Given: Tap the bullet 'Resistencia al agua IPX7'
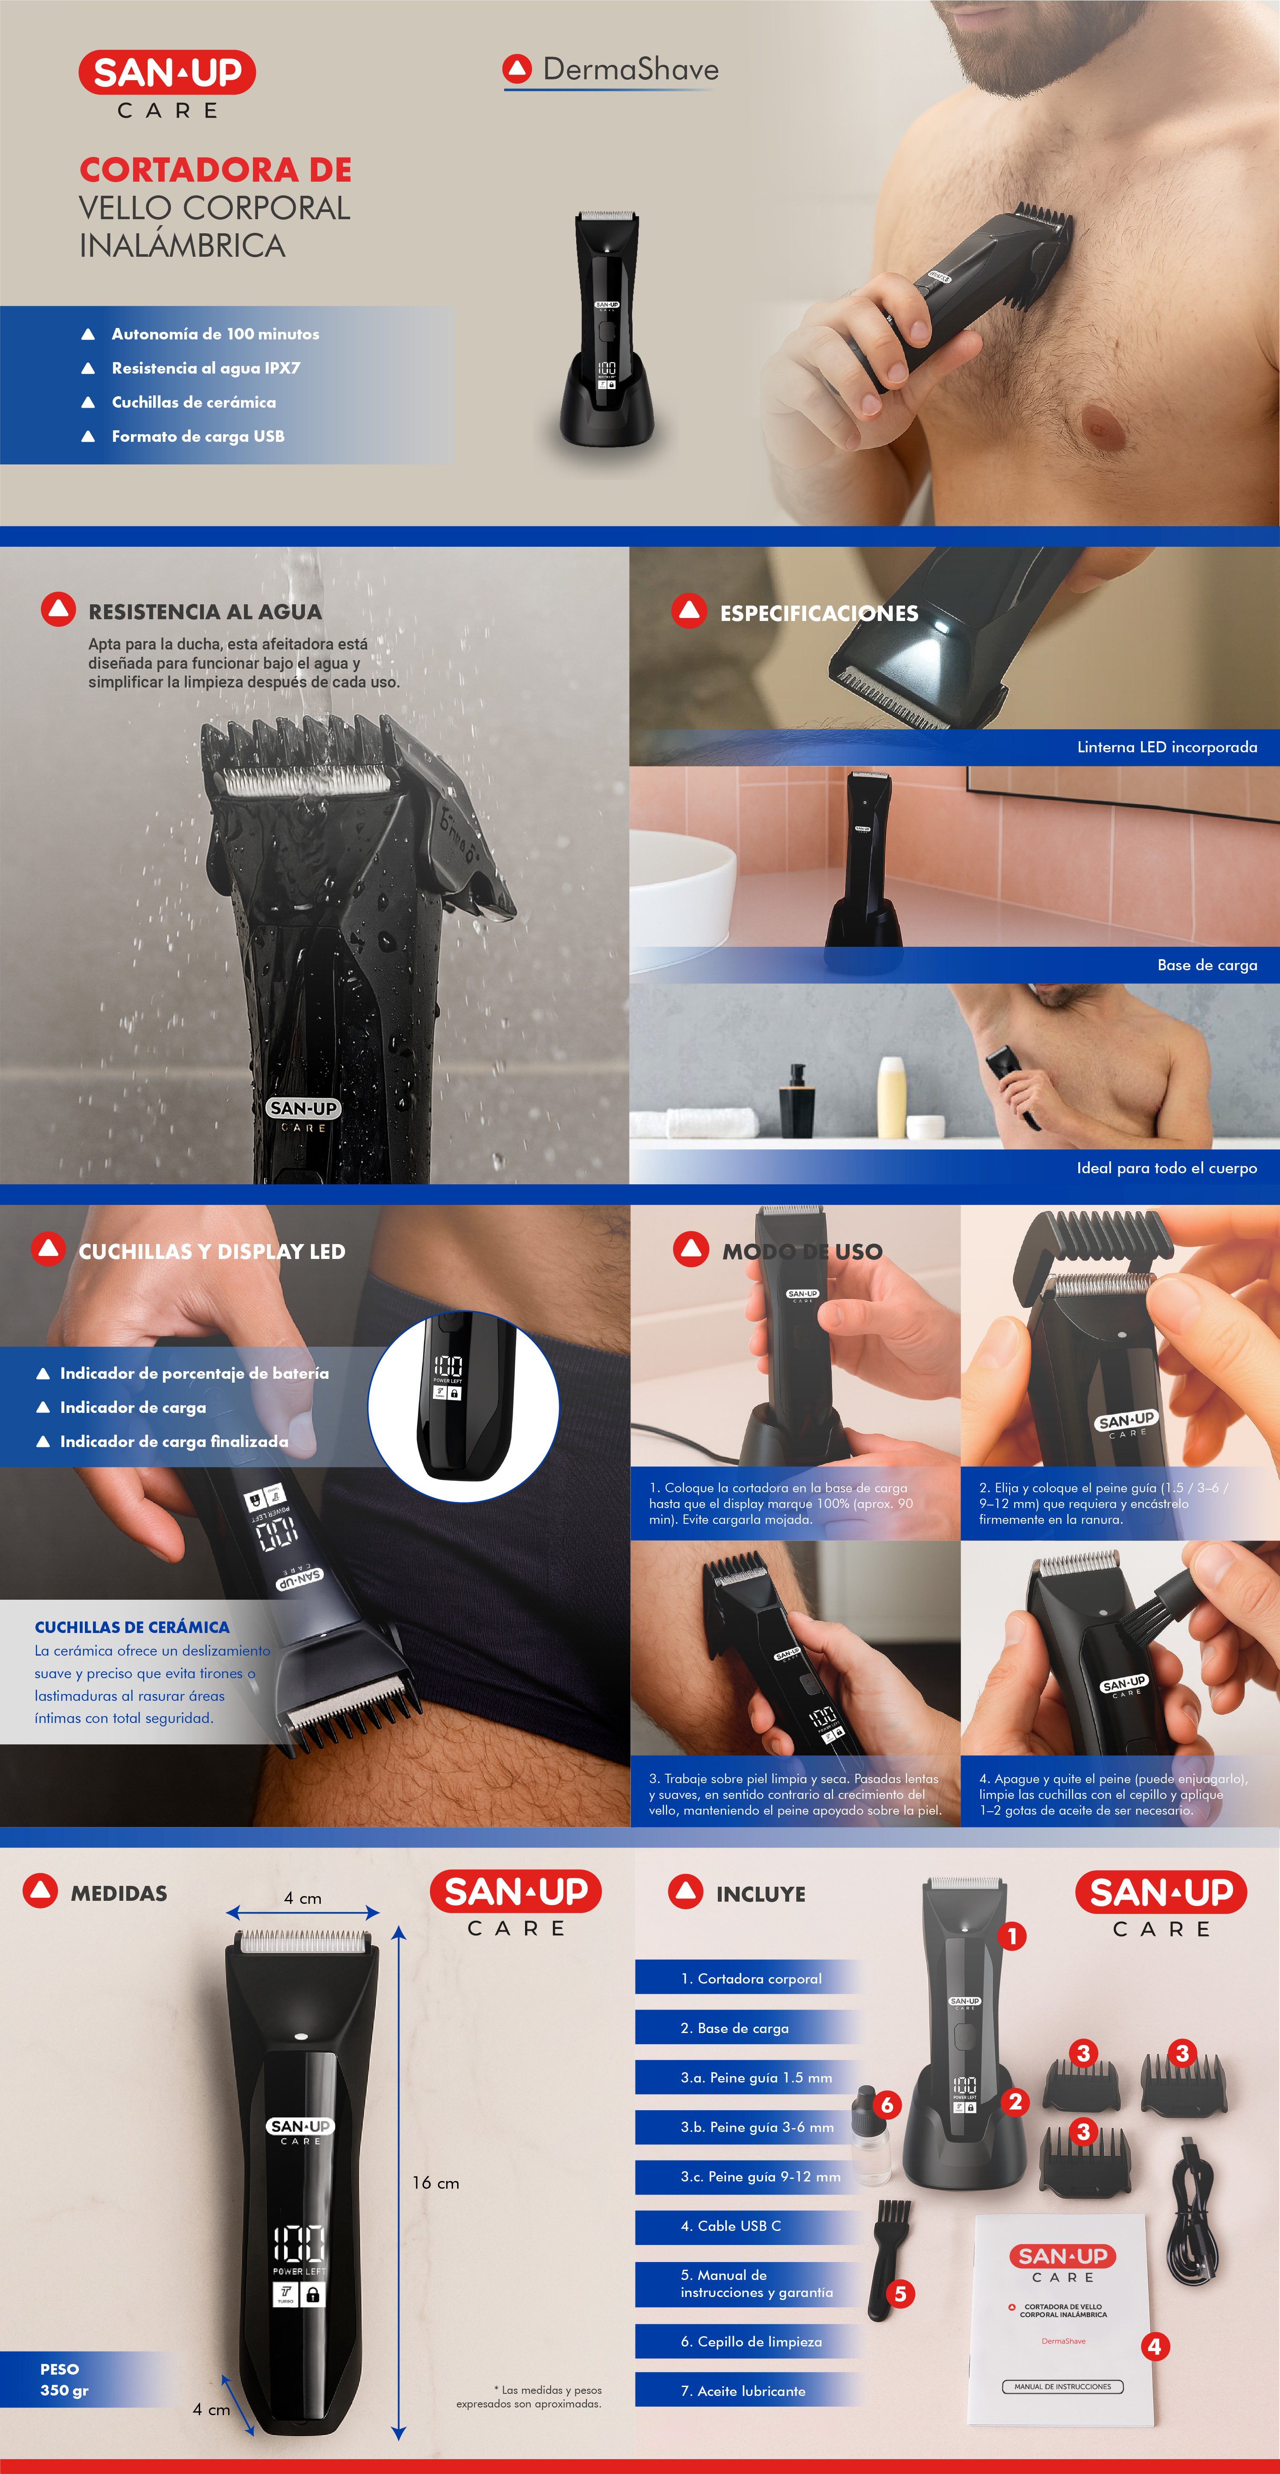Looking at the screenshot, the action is [x=206, y=368].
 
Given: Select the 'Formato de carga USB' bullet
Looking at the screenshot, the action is [x=198, y=436].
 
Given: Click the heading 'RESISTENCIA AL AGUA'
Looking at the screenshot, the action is [x=205, y=612].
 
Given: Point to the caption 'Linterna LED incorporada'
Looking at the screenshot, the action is [x=1167, y=747].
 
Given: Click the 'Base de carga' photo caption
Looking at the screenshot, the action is [x=1207, y=965].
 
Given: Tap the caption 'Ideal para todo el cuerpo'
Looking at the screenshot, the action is [x=1167, y=1168].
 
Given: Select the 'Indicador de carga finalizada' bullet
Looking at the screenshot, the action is [x=174, y=1441].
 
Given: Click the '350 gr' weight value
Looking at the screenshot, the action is [x=64, y=2390].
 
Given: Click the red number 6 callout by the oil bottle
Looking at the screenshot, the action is [x=887, y=2105].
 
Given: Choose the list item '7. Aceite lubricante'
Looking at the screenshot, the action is [x=743, y=2390].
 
